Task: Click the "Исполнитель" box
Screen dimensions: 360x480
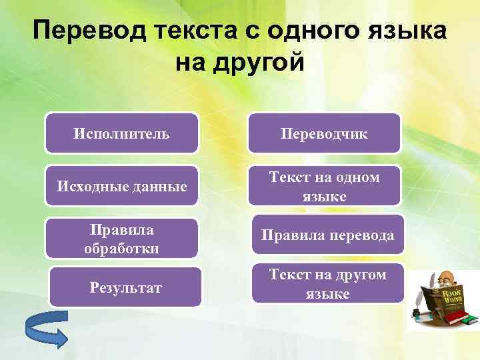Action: tap(121, 133)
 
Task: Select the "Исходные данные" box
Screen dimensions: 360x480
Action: tap(121, 186)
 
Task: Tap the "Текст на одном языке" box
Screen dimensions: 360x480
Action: tap(324, 186)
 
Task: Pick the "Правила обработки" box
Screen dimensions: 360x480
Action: tap(121, 239)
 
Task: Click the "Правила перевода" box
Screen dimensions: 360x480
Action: tap(327, 235)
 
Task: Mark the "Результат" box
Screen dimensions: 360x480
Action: tap(126, 287)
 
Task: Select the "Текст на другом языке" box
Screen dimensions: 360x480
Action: tap(327, 283)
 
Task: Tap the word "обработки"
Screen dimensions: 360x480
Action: tap(121, 248)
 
